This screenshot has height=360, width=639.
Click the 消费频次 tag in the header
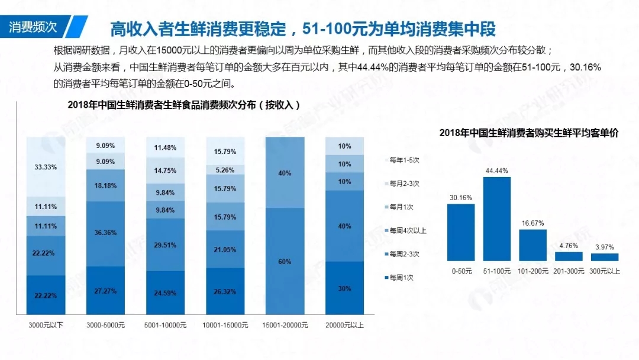click(34, 27)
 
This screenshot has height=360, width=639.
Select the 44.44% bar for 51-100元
click(496, 219)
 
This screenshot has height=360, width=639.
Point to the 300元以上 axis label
click(604, 271)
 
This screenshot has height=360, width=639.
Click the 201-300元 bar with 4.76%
click(569, 256)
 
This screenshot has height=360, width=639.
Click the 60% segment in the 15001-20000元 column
click(285, 261)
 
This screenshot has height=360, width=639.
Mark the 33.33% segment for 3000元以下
click(46, 167)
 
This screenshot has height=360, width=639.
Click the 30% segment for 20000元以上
click(344, 288)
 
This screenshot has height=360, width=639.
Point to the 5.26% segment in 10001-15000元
click(225, 170)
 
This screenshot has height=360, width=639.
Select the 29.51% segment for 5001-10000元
click(166, 245)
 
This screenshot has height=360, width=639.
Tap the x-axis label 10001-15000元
click(225, 325)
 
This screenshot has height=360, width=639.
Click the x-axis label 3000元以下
click(46, 325)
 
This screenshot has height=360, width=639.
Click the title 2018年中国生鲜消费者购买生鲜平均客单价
click(528, 133)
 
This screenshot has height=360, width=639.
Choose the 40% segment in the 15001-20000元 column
click(285, 173)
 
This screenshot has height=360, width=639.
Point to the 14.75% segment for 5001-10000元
click(166, 171)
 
